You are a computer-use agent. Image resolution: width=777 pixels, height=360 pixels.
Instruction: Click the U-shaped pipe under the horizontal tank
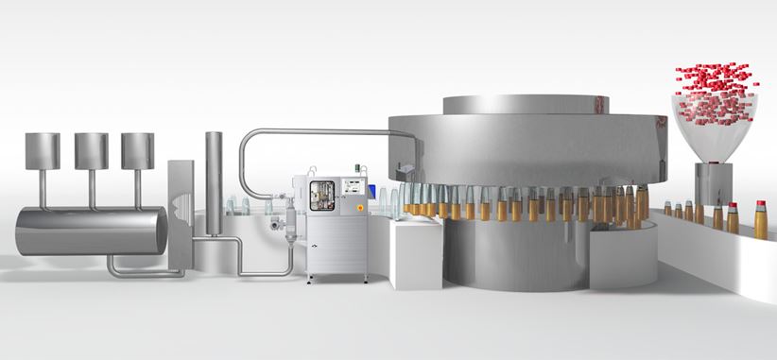[142, 270]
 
